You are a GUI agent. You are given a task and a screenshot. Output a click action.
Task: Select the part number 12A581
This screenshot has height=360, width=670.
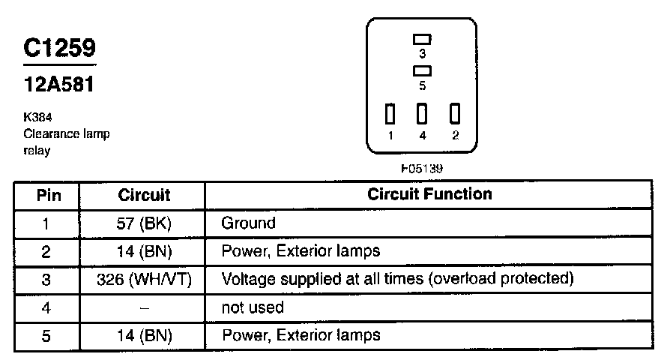[x=59, y=85]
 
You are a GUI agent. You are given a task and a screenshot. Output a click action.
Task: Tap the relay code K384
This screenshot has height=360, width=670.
[x=37, y=118]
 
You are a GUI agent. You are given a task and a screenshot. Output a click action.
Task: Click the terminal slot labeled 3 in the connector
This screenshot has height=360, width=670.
[x=422, y=39]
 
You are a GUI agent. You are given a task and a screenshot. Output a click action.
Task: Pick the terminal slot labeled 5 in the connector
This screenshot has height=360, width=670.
[x=422, y=71]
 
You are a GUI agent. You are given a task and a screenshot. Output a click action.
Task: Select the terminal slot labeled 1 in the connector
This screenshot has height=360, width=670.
[x=390, y=114]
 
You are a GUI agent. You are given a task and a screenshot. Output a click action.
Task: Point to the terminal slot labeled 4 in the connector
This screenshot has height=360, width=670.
[x=422, y=114]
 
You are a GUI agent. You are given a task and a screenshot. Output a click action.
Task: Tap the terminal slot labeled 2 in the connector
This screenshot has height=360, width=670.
[x=454, y=114]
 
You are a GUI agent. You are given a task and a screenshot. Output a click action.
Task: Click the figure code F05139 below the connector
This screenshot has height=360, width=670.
[x=422, y=169]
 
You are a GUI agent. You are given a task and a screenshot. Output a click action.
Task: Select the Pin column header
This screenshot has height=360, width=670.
[x=47, y=196]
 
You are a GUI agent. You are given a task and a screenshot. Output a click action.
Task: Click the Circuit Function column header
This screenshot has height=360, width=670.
[x=429, y=194]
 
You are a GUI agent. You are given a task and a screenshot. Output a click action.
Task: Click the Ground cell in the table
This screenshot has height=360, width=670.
[x=249, y=223]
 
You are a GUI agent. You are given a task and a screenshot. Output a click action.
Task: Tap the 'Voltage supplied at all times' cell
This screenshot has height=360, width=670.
[x=397, y=280]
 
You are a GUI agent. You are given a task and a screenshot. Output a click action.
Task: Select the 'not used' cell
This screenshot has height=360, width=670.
[x=253, y=307]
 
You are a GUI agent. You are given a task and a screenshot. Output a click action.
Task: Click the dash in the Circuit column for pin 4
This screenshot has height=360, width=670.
[x=144, y=307]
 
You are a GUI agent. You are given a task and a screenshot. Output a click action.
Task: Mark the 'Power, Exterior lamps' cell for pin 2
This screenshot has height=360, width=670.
[x=301, y=251]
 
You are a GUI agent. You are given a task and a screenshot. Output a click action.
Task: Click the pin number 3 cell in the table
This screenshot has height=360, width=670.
[x=46, y=280]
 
